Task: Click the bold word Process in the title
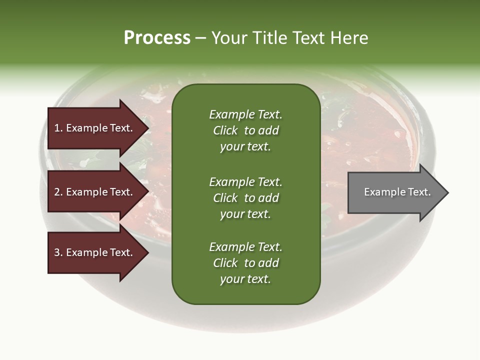[157, 38]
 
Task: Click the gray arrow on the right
[395, 192]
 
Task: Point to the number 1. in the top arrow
[58, 128]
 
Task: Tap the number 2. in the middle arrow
[58, 192]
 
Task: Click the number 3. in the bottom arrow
[58, 252]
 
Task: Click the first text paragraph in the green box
[245, 130]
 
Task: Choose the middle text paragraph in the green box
[245, 198]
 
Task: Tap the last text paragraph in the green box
[245, 263]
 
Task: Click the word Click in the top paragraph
[225, 130]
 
